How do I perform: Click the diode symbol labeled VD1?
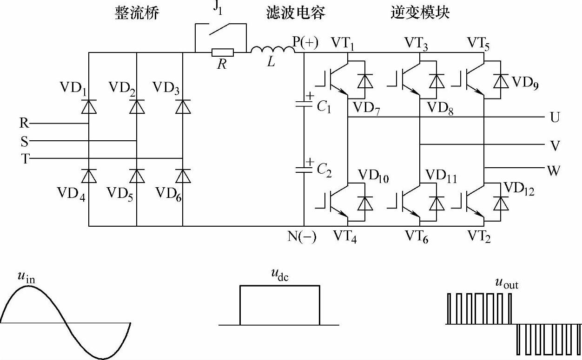click(89, 107)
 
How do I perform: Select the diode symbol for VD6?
click(183, 176)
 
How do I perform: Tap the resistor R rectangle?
click(223, 52)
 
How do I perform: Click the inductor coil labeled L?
click(272, 50)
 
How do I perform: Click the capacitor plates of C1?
click(304, 105)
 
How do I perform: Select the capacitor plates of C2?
click(304, 169)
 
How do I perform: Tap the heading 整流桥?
click(137, 13)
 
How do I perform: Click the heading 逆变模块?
click(420, 13)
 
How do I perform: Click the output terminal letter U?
click(555, 118)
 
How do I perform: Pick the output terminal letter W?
click(554, 171)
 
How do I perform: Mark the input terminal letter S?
click(24, 141)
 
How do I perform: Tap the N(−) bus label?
click(302, 237)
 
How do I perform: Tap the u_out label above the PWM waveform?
click(506, 282)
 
